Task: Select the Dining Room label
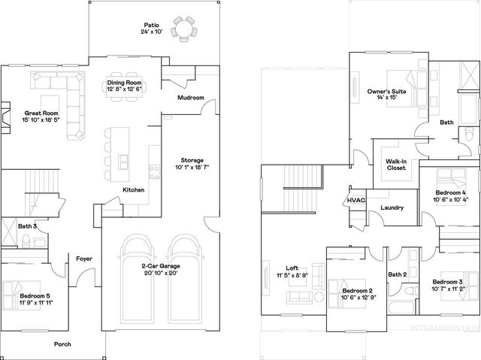[x=125, y=83]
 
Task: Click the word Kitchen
[x=134, y=190]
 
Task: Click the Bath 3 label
[x=28, y=225]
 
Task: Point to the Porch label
[x=64, y=344]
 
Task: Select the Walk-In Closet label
[x=396, y=164]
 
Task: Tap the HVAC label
[x=355, y=200]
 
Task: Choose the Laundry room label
[x=393, y=207]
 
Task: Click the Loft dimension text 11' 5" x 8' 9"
[x=292, y=275]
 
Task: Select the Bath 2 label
[x=397, y=274]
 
